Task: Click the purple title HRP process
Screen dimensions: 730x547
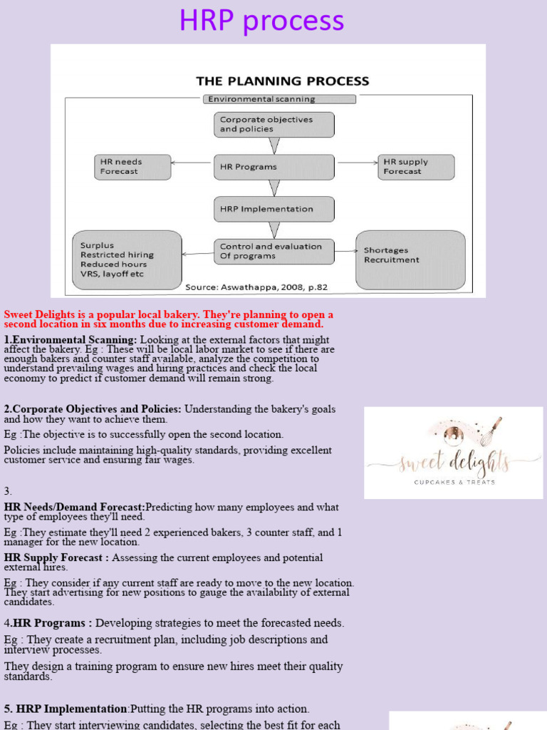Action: [x=261, y=21]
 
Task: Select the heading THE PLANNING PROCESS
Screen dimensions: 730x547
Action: [x=283, y=81]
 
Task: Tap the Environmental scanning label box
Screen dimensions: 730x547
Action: [x=279, y=100]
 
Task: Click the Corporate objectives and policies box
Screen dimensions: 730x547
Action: [x=274, y=125]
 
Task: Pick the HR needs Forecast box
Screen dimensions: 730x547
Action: [x=133, y=167]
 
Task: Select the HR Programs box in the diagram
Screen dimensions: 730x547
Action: [x=274, y=167]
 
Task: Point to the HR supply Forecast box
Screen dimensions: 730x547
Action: [x=416, y=167]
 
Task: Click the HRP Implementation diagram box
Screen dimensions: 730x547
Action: [x=274, y=209]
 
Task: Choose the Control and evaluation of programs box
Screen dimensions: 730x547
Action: [x=274, y=251]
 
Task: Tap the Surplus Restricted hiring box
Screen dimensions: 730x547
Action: [x=127, y=259]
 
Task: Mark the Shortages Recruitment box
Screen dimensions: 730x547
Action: [x=410, y=259]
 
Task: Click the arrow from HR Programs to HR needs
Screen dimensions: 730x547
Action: [x=192, y=163]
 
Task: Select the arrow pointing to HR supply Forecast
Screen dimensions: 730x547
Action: [x=357, y=163]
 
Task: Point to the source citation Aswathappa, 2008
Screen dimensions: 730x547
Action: [x=256, y=287]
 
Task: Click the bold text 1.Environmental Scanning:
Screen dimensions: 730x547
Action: [x=71, y=340]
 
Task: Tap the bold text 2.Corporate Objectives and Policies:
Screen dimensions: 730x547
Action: [x=93, y=409]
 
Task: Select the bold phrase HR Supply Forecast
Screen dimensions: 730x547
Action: [x=56, y=557]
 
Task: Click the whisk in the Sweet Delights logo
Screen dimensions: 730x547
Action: [x=491, y=431]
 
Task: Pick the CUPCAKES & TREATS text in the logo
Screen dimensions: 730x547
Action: [x=454, y=482]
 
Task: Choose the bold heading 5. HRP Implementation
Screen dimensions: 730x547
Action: [x=66, y=709]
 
